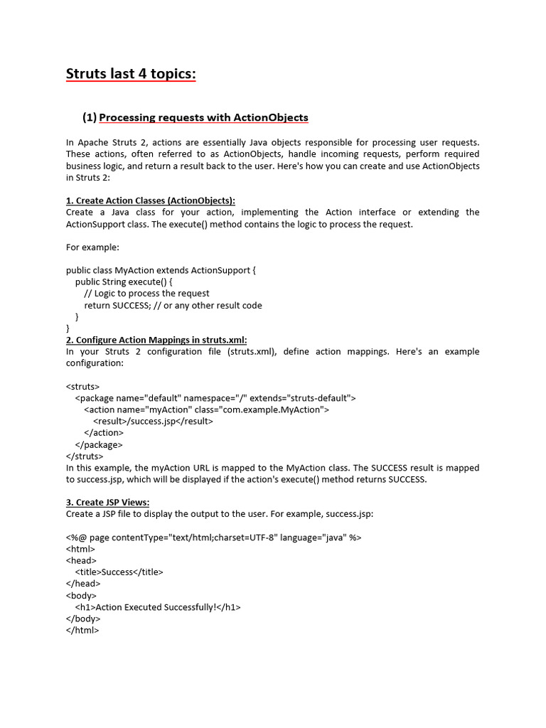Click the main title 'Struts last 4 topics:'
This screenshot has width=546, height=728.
click(131, 74)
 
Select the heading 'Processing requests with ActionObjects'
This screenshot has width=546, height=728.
click(203, 117)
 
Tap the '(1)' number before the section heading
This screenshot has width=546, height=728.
click(89, 117)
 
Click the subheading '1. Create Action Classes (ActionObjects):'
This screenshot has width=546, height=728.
click(150, 200)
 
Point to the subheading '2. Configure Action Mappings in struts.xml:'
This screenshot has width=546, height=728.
click(156, 340)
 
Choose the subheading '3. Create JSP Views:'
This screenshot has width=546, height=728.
click(107, 503)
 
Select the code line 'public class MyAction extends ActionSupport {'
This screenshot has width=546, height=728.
click(160, 270)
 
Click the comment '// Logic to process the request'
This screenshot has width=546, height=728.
click(146, 294)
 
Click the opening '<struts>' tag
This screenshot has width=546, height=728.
click(83, 387)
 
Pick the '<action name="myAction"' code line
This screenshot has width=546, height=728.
click(206, 409)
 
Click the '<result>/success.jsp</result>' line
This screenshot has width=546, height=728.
click(153, 421)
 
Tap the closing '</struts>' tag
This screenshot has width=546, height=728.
click(85, 456)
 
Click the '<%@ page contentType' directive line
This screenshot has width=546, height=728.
click(213, 537)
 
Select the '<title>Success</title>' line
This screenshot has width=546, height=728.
click(119, 572)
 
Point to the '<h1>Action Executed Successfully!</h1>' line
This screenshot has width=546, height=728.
click(158, 607)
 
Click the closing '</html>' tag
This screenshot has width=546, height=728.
click(82, 630)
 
